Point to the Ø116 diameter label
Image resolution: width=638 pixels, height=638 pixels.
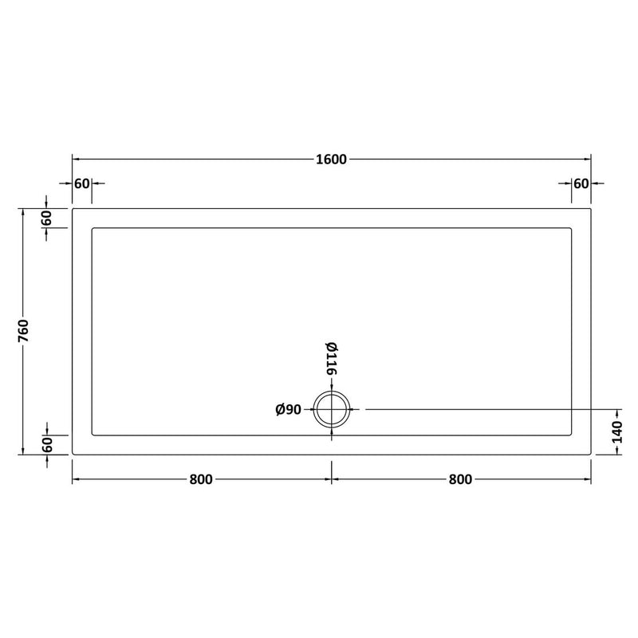coord(331,359)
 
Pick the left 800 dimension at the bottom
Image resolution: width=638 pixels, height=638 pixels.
coord(201,479)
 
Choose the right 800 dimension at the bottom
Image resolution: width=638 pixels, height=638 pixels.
coord(461,479)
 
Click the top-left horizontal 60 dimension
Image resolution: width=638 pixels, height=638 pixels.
coord(82,183)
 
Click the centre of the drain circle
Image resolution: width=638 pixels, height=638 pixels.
coord(332,410)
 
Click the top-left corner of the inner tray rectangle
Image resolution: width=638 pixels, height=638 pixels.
coord(93,228)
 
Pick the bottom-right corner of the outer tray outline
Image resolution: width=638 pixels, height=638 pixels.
coord(590,454)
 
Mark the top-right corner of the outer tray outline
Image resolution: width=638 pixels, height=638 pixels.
coord(590,209)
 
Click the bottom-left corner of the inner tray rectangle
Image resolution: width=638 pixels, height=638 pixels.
coord(93,435)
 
